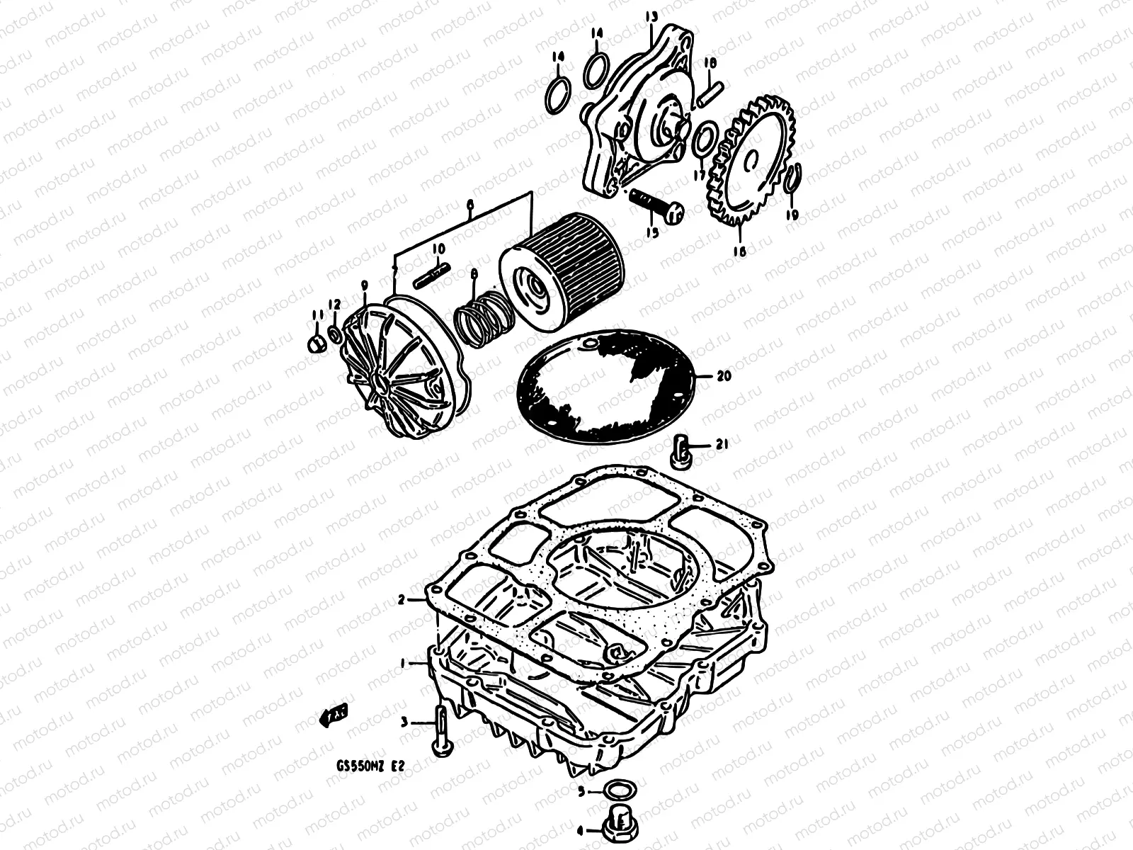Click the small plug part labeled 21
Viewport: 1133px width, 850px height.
[x=682, y=450]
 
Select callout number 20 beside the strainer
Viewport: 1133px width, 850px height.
[x=723, y=376]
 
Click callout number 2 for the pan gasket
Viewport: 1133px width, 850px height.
[x=401, y=600]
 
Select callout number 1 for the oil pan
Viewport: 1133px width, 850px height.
[x=403, y=664]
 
